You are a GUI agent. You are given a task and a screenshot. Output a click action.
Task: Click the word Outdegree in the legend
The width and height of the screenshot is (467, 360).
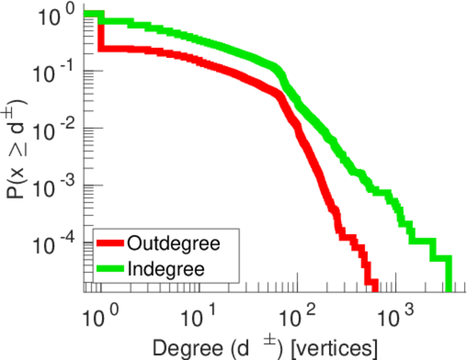pos(174,244)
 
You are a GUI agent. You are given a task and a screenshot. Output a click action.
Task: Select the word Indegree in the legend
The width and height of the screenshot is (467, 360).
pos(166,268)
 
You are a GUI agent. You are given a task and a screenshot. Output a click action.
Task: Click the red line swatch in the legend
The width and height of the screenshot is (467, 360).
pos(110,244)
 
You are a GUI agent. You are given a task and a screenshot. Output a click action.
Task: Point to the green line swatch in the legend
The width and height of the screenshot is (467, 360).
pos(110,268)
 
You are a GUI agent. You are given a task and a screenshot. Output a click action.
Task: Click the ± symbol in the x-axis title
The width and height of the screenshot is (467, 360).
pos(262,340)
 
